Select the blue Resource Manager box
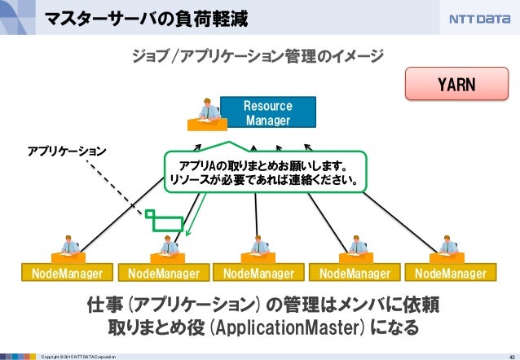click(267, 113)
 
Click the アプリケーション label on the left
click(68, 151)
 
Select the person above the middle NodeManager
click(258, 246)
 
